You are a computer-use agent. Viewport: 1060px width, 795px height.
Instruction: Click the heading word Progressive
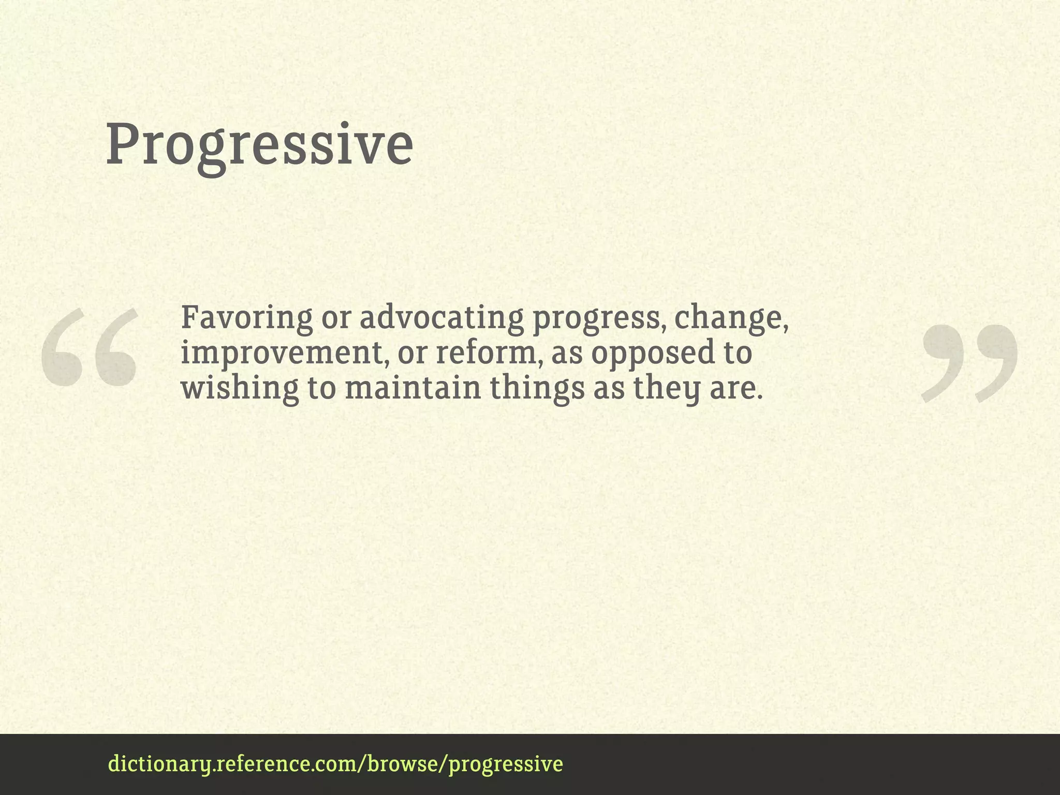point(259,145)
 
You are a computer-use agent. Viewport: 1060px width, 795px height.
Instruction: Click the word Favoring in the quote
point(246,318)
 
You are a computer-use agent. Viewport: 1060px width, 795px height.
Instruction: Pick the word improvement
point(284,353)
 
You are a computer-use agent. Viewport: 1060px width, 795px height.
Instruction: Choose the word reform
point(489,353)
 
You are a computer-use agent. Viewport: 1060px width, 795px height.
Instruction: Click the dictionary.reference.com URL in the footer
point(335,764)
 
